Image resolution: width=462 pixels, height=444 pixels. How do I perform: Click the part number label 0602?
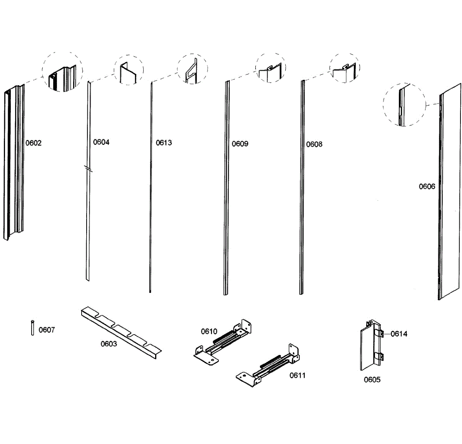pyautogui.click(x=33, y=143)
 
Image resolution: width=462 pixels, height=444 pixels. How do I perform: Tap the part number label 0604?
pyautogui.click(x=101, y=142)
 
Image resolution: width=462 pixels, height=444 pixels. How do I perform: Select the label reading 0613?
pyautogui.click(x=164, y=143)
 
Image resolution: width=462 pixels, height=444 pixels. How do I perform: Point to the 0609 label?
pyautogui.click(x=240, y=144)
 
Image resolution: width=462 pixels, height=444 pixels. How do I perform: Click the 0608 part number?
pyautogui.click(x=314, y=144)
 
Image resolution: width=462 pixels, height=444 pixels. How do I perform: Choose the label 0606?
pyautogui.click(x=427, y=187)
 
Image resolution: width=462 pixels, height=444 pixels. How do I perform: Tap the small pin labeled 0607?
pyautogui.click(x=32, y=327)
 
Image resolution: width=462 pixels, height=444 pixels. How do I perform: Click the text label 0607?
pyautogui.click(x=47, y=330)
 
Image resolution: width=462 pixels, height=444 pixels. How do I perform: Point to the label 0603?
pyautogui.click(x=109, y=344)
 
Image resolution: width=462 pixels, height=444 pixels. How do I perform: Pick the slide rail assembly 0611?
pyautogui.click(x=269, y=366)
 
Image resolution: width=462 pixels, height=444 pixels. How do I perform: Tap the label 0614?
pyautogui.click(x=399, y=334)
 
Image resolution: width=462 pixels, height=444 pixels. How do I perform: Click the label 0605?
pyautogui.click(x=372, y=380)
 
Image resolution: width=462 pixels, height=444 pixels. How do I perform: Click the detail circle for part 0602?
pyautogui.click(x=62, y=72)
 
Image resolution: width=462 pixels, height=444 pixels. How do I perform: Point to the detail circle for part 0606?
pyautogui.click(x=404, y=104)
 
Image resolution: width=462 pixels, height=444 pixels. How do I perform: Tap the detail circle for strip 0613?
pyautogui.click(x=192, y=69)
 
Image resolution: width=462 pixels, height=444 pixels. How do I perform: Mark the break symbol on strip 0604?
pyautogui.click(x=88, y=168)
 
